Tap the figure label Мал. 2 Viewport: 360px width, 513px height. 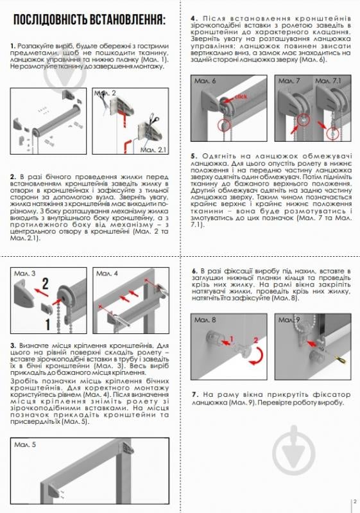click(105, 93)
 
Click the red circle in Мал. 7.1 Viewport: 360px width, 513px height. click(330, 132)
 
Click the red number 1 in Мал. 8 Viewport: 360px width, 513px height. click(232, 338)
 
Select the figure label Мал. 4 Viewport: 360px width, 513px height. click(107, 274)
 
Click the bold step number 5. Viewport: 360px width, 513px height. click(193, 155)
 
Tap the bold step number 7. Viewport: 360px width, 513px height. click(193, 393)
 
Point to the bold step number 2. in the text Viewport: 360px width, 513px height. click(13, 175)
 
